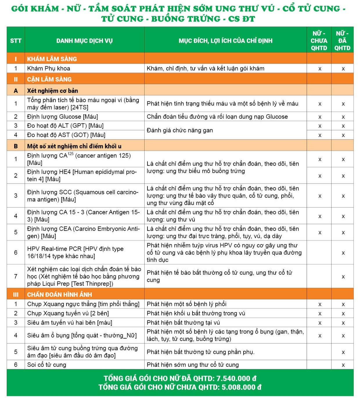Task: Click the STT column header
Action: pyautogui.click(x=16, y=41)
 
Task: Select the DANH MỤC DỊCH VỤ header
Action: pyautogui.click(x=84, y=41)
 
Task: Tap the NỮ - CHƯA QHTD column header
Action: pyautogui.click(x=319, y=41)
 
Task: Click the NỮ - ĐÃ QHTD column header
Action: pyautogui.click(x=342, y=41)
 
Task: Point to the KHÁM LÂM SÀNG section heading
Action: pyautogui.click(x=52, y=59)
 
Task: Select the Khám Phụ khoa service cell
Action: pyautogui.click(x=49, y=69)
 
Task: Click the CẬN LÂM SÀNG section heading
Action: pyautogui.click(x=49, y=79)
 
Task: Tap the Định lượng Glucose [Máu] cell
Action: pyautogui.click(x=63, y=117)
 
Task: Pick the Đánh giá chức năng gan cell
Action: pyautogui.click(x=180, y=130)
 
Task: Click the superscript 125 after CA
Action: pyautogui.click(x=71, y=153)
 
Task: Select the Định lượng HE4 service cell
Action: pyautogui.click(x=82, y=175)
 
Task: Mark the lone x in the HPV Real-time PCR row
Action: pyautogui.click(x=343, y=253)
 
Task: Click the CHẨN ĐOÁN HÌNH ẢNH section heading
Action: pyautogui.click(x=60, y=295)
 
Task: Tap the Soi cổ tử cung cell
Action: pyautogui.click(x=47, y=365)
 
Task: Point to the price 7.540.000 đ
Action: pyautogui.click(x=236, y=379)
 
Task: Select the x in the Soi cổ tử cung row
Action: pyautogui.click(x=343, y=365)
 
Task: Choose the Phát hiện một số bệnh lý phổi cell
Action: pyautogui.click(x=186, y=304)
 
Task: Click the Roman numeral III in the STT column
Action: pyautogui.click(x=16, y=295)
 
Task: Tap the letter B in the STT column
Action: pyautogui.click(x=16, y=146)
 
